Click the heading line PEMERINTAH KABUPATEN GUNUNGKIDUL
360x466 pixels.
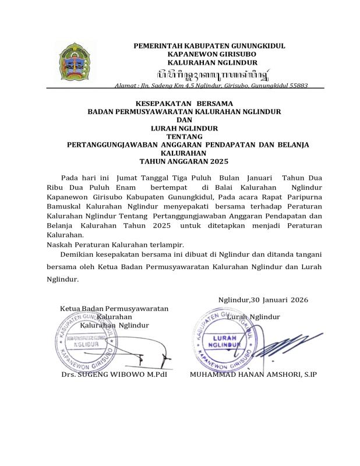pos(209,45)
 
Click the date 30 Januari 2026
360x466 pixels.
pos(279,299)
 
